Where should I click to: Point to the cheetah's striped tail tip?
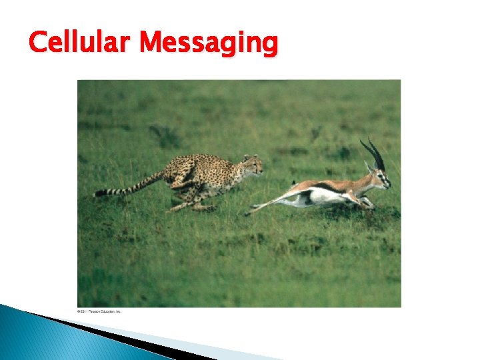[x=100, y=193]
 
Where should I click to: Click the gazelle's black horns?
[x=373, y=153]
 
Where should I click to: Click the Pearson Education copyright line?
[x=99, y=311]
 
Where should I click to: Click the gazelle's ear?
[x=367, y=166]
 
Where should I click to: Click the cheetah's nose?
[x=261, y=171]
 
